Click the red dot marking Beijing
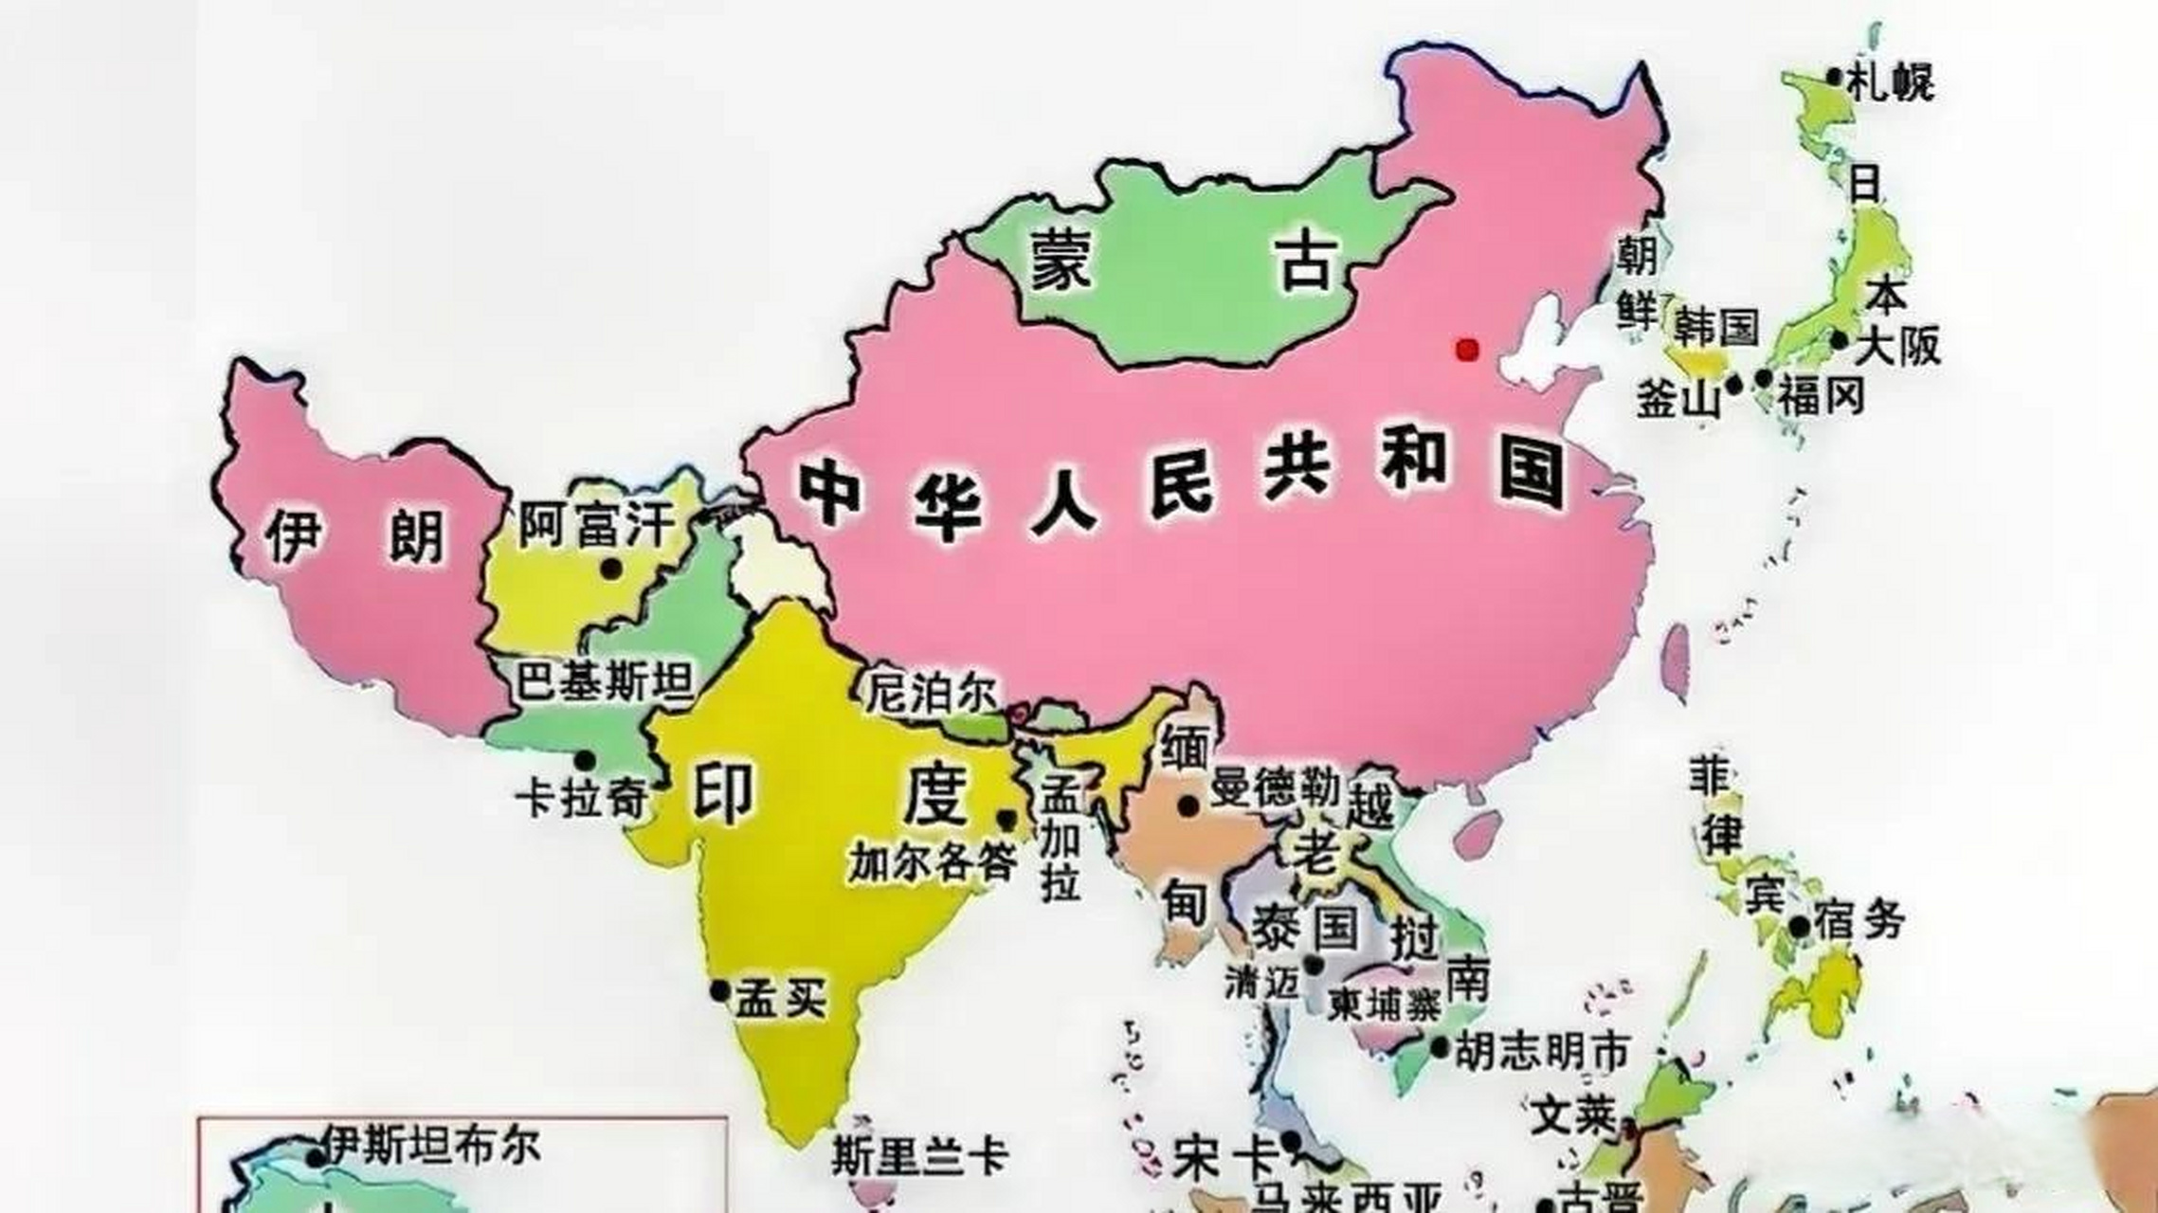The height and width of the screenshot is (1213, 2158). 1467,350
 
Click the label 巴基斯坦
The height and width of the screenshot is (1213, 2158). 605,680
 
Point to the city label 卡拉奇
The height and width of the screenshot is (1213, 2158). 580,799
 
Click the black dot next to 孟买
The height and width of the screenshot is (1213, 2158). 720,991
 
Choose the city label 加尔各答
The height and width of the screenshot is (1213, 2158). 933,861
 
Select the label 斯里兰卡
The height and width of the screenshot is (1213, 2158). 919,1155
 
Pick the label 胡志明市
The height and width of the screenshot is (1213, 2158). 1542,1051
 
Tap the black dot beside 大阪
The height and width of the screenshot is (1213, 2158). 1840,339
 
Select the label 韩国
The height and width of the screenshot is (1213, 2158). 1715,327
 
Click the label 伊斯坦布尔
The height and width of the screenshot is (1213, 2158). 432,1146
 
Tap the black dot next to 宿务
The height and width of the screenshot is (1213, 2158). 1799,926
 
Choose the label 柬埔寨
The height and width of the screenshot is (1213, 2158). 1384,1005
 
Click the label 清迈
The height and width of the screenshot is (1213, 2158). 1261,983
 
